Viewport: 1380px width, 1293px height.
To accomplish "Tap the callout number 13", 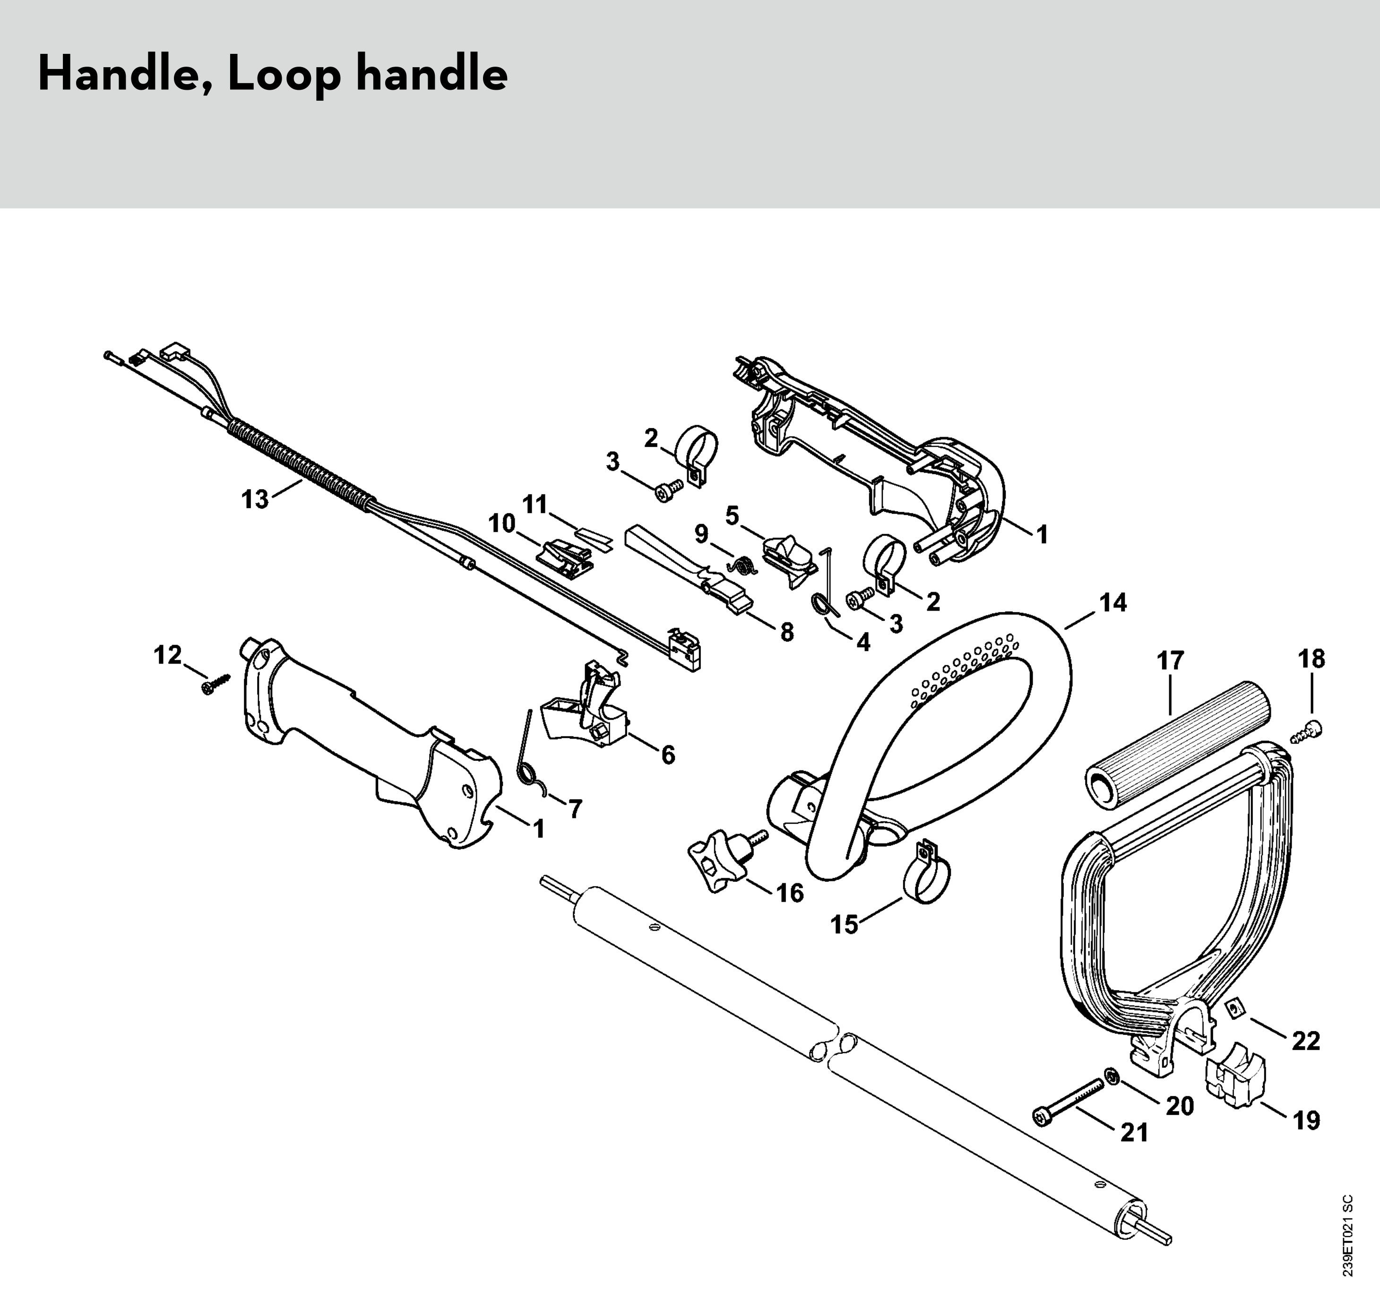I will (255, 499).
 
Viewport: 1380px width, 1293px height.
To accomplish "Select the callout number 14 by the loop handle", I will (1113, 603).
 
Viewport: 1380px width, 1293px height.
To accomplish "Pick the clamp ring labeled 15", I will (926, 879).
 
